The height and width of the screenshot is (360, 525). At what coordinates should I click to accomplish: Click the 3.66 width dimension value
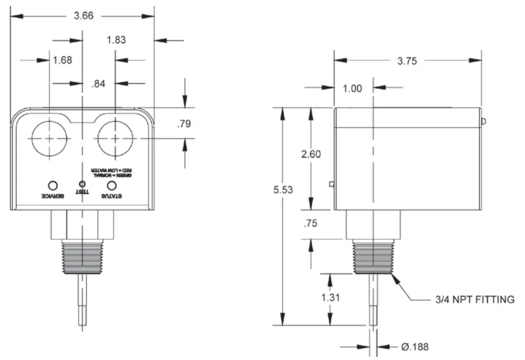click(x=83, y=16)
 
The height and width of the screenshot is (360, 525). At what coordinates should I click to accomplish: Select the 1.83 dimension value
click(x=117, y=40)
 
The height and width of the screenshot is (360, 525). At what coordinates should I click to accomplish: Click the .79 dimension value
click(x=184, y=124)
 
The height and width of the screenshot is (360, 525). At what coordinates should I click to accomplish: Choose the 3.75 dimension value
click(x=407, y=61)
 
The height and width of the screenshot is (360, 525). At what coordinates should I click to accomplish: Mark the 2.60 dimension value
click(x=311, y=154)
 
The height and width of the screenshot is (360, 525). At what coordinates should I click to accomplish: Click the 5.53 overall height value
click(x=283, y=189)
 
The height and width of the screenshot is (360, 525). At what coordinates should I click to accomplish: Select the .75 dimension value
click(x=311, y=224)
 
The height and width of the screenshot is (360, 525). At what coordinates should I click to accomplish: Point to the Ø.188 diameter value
click(x=415, y=347)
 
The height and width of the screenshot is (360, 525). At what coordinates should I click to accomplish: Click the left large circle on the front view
click(x=49, y=138)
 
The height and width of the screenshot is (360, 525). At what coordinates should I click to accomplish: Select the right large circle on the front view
click(x=115, y=138)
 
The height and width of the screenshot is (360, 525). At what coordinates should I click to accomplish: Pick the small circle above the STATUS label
click(x=112, y=185)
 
